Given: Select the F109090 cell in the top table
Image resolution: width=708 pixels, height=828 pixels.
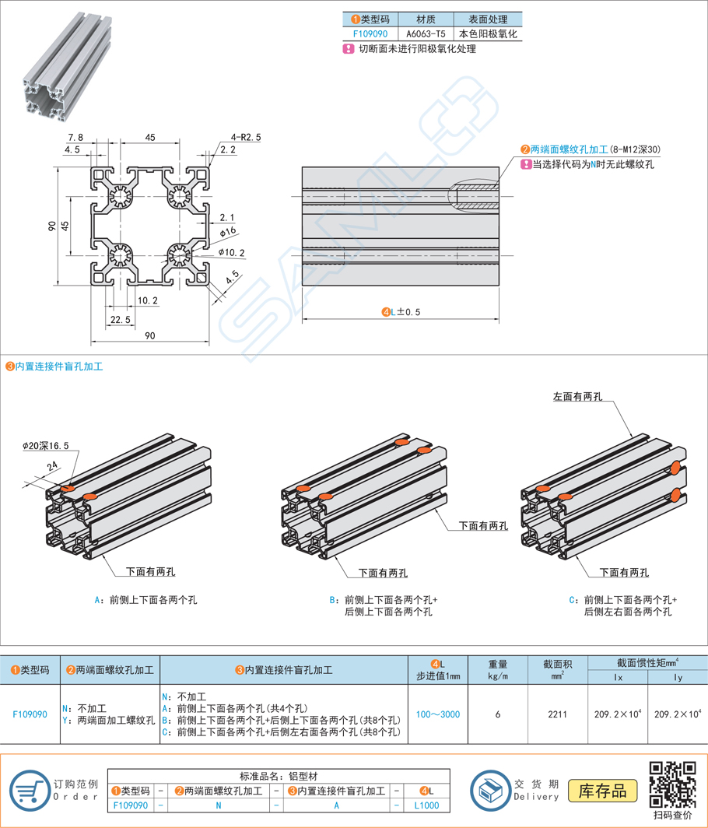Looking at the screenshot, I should (370, 34).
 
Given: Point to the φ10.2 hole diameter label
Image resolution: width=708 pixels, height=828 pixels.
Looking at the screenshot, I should (232, 252).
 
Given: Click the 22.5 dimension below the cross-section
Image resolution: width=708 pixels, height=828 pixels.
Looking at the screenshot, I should (120, 320).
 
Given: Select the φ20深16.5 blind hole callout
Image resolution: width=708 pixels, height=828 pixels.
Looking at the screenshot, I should (46, 446).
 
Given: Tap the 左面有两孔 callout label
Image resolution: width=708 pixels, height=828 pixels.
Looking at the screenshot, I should (577, 396).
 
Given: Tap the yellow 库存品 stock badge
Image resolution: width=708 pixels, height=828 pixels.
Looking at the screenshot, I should (603, 791).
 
